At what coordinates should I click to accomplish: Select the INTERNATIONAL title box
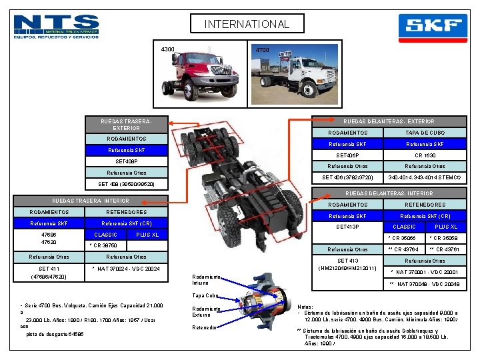pyautogui.click(x=247, y=25)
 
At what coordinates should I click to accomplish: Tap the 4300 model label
pyautogui.click(x=168, y=49)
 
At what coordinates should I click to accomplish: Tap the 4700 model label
pyautogui.click(x=263, y=49)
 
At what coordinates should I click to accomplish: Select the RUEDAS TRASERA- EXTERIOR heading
pyautogui.click(x=126, y=124)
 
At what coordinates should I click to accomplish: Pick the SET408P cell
pyautogui.click(x=126, y=161)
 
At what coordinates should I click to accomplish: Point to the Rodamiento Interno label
pyautogui.click(x=206, y=279)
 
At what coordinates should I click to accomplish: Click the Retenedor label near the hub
pyautogui.click(x=204, y=327)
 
